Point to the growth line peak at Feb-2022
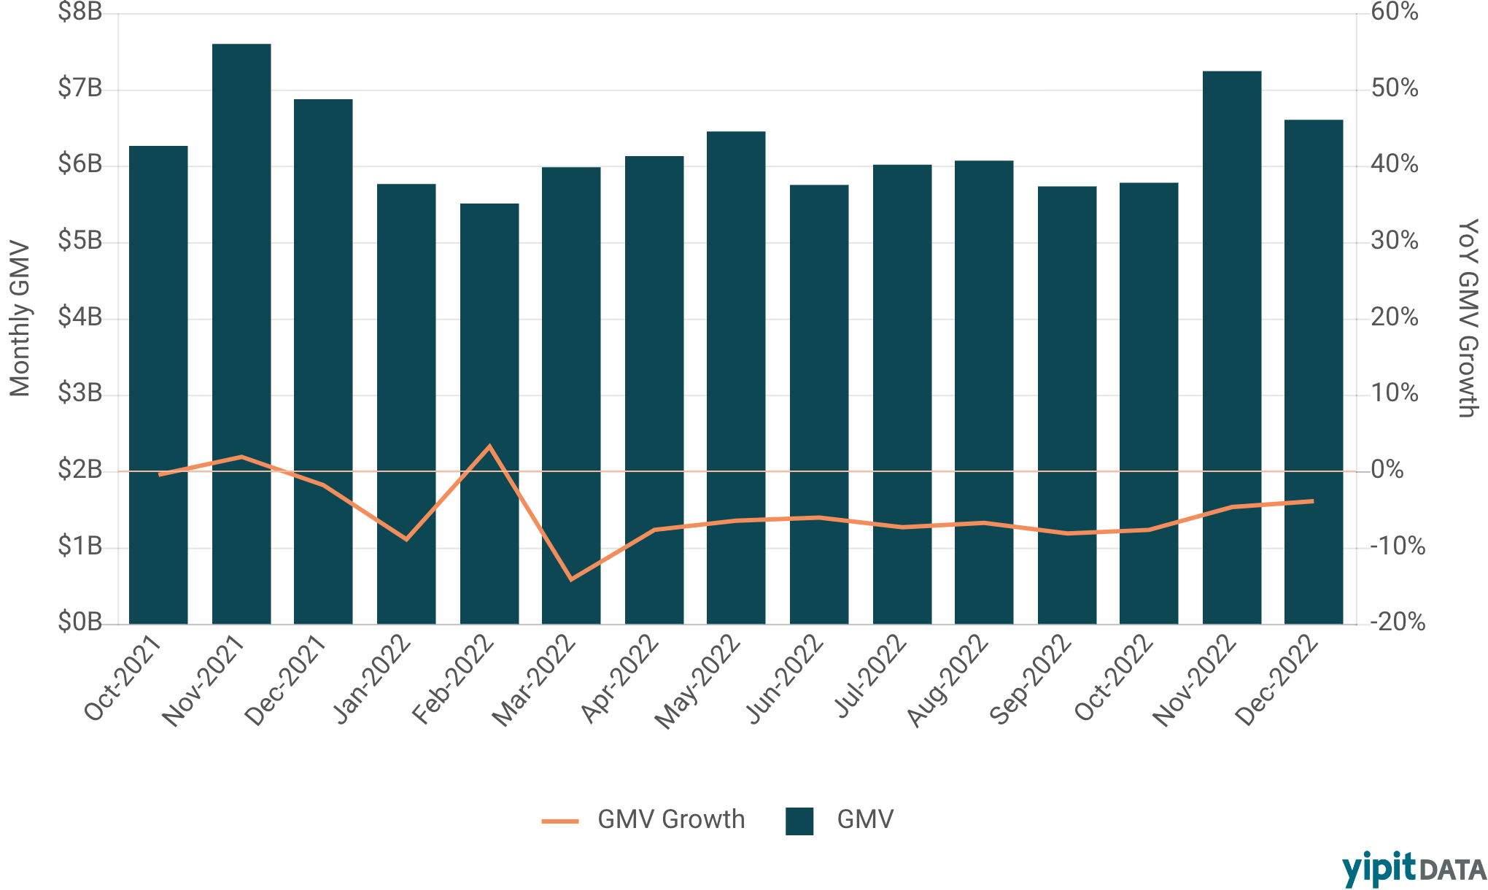(x=489, y=446)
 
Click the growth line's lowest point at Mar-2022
(x=571, y=579)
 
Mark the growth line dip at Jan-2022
(x=406, y=539)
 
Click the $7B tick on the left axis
(x=80, y=88)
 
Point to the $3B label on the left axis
(x=80, y=393)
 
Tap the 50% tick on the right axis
(x=1394, y=88)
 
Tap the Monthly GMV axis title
(x=20, y=319)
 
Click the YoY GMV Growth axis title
(x=1467, y=319)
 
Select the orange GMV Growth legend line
(x=560, y=821)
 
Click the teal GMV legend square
(x=799, y=821)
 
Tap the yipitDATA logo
(x=1413, y=870)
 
